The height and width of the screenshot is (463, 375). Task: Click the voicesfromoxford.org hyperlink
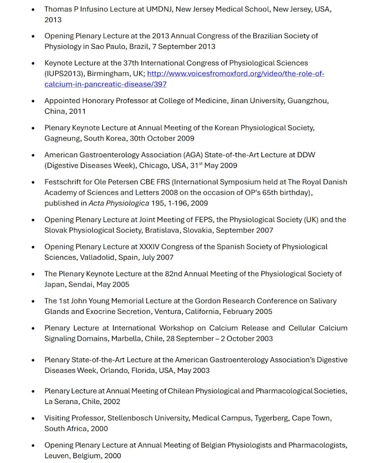[236, 74]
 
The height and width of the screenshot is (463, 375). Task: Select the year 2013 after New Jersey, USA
[53, 20]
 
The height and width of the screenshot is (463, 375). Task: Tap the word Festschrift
[65, 182]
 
